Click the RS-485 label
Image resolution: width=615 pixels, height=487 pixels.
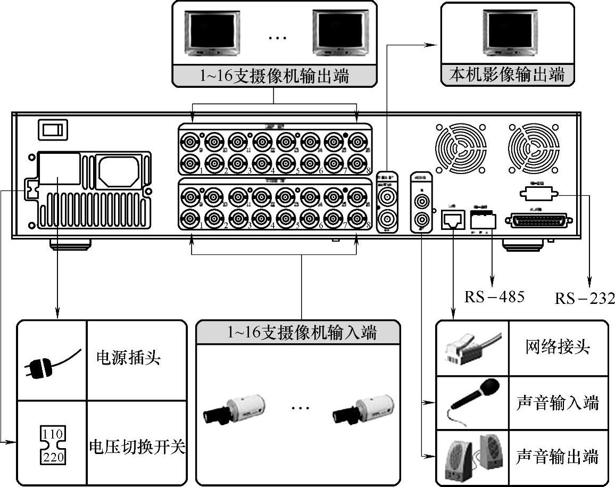pos(494,296)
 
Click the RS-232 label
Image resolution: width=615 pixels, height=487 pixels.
pos(585,298)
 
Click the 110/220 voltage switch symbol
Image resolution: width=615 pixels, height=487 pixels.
pos(53,443)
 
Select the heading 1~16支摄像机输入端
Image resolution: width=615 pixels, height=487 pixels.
pos(302,333)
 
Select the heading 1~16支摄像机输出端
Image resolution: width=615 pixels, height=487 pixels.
pos(274,76)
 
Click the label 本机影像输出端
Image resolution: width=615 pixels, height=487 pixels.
pos(507,75)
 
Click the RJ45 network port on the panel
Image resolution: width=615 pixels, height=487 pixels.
pos(453,219)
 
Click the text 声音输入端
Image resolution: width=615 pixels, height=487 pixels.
pos(557,403)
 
